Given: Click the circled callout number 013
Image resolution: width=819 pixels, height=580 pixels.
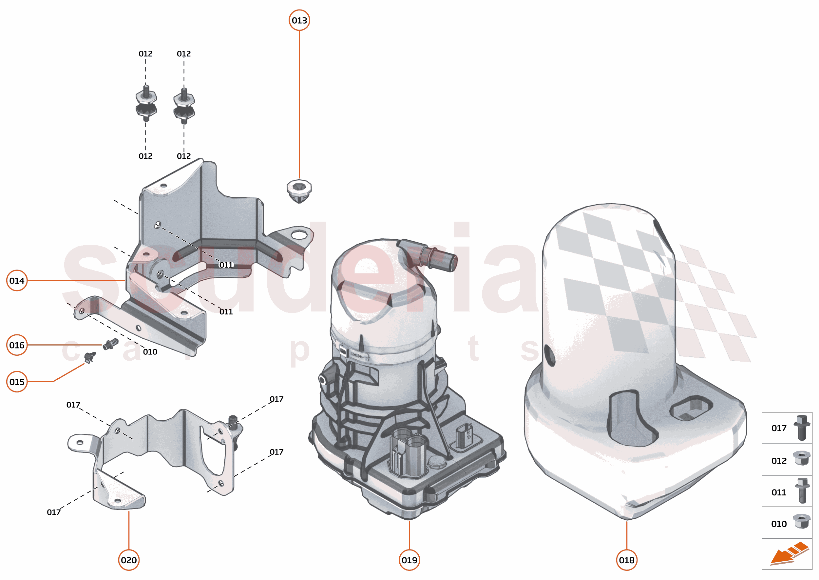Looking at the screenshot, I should click(x=299, y=20).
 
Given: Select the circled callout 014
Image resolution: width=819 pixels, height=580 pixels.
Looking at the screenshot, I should click(x=17, y=281).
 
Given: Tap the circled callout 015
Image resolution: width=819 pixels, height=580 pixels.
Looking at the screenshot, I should click(x=17, y=382).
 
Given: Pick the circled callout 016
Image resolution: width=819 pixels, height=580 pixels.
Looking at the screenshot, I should click(x=17, y=345).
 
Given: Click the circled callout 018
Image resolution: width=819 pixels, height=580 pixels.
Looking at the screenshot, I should click(x=627, y=560).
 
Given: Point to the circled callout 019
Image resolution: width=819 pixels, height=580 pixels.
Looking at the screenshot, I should click(x=409, y=560).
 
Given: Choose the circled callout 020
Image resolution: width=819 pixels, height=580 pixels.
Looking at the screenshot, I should click(x=128, y=560).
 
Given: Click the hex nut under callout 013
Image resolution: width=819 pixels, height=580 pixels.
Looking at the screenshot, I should click(x=299, y=190).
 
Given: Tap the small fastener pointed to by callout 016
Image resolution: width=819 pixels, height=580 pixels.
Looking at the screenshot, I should click(x=110, y=344).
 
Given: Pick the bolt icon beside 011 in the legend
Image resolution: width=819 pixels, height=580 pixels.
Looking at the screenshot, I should click(x=802, y=490).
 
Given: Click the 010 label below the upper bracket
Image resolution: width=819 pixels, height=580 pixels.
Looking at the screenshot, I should click(x=150, y=352).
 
